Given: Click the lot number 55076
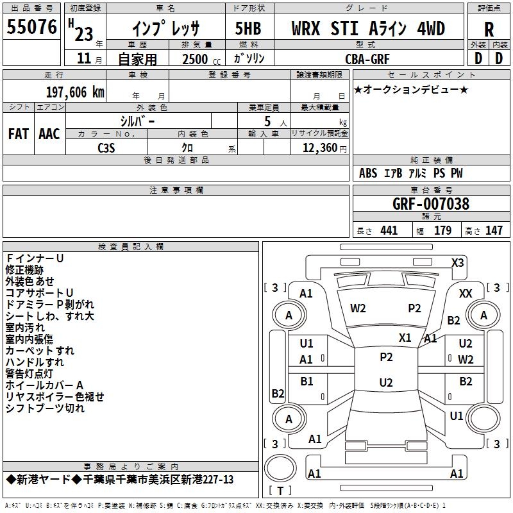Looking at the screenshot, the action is tap(31, 27).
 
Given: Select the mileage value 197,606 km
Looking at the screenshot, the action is tap(75, 92).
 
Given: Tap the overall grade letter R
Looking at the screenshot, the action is tap(489, 29).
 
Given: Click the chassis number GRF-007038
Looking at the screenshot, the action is tap(431, 204).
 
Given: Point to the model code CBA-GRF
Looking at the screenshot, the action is tap(367, 59).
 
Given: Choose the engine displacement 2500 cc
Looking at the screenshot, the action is tap(201, 60).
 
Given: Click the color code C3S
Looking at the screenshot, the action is tap(106, 148).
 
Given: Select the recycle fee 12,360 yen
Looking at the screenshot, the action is tap(324, 148).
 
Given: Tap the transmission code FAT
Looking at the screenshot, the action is tap(19, 134).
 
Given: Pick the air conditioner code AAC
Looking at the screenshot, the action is tap(49, 134).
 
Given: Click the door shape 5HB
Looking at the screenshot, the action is tap(248, 28).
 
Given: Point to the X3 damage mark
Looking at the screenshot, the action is tap(457, 263).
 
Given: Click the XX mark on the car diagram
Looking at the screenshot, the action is tap(466, 294).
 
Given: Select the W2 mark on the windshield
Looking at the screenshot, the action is tap(358, 308).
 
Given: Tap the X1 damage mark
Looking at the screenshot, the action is tap(405, 338).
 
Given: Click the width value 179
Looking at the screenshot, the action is tap(442, 230).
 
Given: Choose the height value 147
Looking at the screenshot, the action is tap(494, 230).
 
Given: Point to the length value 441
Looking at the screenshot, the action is tap(389, 230).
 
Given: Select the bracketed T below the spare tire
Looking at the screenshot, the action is tap(280, 491).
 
